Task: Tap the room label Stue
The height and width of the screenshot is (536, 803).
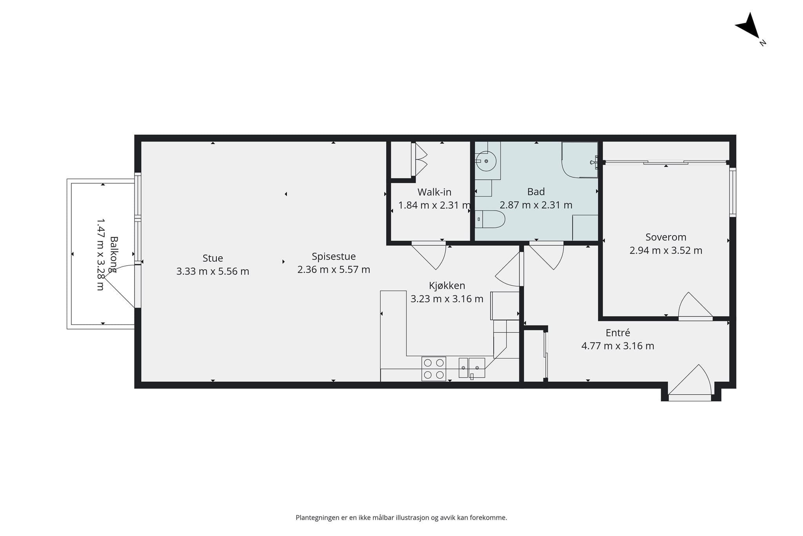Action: (213, 258)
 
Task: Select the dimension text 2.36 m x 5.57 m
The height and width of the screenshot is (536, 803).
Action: (334, 270)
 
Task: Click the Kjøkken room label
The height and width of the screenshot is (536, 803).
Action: (447, 285)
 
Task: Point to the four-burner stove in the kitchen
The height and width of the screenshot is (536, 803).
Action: (434, 369)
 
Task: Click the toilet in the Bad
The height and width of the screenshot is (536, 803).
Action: (490, 219)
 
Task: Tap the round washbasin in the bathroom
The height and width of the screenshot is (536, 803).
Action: (486, 161)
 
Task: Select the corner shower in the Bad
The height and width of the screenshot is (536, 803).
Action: (580, 160)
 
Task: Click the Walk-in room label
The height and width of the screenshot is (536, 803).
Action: (434, 192)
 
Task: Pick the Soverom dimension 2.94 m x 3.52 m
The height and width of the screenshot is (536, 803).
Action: (666, 250)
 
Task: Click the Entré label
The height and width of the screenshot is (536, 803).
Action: (618, 333)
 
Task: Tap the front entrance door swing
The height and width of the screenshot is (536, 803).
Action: (690, 380)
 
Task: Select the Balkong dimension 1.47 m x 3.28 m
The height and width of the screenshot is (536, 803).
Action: (101, 255)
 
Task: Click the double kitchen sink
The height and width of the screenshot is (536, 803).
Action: (472, 368)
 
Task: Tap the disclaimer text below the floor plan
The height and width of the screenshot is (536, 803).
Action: (401, 518)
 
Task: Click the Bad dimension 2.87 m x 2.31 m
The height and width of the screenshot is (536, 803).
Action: (536, 205)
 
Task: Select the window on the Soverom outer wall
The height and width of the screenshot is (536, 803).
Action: (732, 192)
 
